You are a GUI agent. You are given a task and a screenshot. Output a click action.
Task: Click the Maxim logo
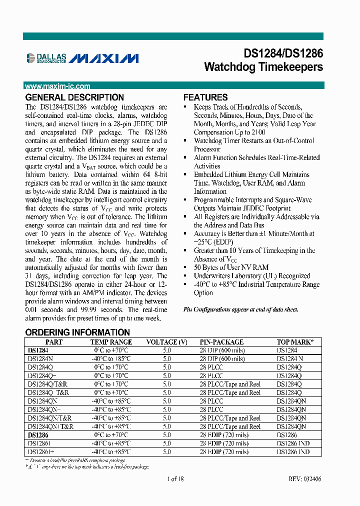click(103, 58)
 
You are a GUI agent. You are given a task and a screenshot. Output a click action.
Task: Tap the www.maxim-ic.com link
click(57, 86)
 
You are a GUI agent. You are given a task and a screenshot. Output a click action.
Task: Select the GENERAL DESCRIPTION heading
click(74, 97)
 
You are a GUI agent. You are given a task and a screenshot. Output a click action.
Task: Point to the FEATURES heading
click(205, 97)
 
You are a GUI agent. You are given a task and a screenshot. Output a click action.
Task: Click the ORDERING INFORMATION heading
click(77, 332)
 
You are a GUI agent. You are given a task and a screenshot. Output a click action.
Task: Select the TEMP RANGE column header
click(111, 342)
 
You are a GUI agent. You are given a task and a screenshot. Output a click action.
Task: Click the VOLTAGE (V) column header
click(166, 342)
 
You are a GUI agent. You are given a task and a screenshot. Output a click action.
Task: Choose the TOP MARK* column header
click(295, 342)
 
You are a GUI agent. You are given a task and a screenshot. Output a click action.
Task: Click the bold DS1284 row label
click(38, 350)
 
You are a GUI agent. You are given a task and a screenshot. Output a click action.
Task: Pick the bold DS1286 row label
click(38, 435)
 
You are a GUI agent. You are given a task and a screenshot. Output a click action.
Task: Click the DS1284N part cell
click(40, 359)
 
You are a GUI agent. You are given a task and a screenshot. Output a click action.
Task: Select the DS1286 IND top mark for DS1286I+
click(293, 451)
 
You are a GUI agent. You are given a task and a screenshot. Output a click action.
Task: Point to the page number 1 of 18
click(175, 479)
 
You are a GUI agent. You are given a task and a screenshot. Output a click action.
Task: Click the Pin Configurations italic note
click(240, 309)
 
